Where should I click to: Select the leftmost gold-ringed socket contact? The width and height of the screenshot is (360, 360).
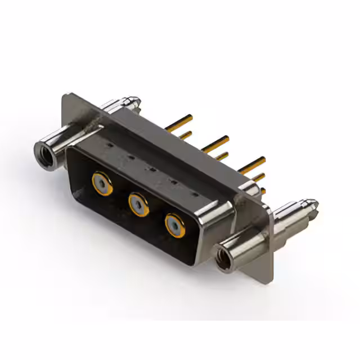pos(102,183)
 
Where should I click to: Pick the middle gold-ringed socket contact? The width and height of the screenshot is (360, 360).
pos(138,204)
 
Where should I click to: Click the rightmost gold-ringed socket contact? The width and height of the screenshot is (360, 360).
pos(175,226)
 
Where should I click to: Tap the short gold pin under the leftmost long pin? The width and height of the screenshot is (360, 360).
pos(185,135)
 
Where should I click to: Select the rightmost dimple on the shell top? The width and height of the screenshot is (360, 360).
pos(195,195)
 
